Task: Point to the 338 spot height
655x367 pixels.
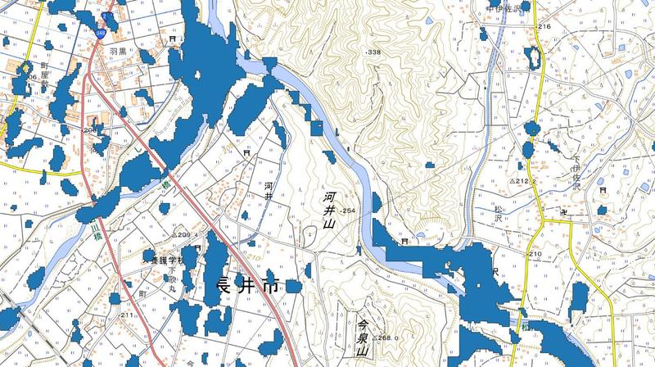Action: (374, 52)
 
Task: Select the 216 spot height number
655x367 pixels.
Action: (545, 27)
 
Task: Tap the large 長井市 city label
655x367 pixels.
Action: (246, 288)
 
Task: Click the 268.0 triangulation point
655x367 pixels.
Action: (385, 338)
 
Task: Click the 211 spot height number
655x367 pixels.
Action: (127, 315)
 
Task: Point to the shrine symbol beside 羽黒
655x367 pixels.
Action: (173, 39)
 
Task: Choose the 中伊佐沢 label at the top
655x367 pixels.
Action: (504, 7)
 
